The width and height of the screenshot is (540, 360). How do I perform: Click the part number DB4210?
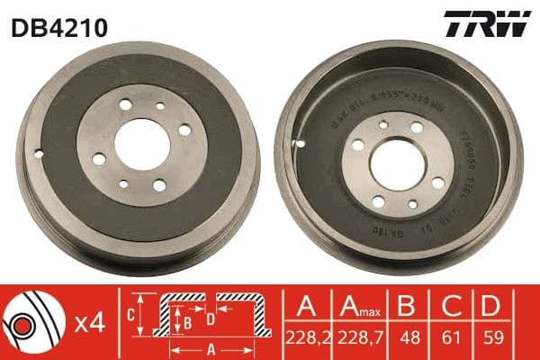[x=59, y=27]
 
